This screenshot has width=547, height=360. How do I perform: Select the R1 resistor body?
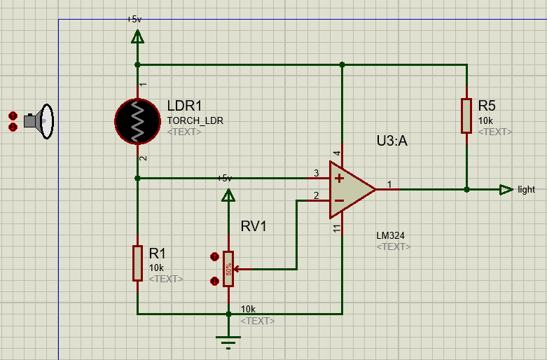click(137, 263)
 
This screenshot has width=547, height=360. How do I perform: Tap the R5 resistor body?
click(466, 116)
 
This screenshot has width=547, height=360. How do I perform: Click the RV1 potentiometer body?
click(228, 268)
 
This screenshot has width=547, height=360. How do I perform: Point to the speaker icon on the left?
click(39, 121)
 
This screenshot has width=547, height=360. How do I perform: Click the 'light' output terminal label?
click(526, 189)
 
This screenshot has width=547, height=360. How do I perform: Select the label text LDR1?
click(185, 106)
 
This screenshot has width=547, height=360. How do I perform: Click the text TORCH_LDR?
click(195, 120)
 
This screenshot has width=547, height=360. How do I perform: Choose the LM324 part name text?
click(390, 235)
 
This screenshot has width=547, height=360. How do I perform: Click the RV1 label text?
click(254, 226)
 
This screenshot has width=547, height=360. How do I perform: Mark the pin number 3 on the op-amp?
click(316, 173)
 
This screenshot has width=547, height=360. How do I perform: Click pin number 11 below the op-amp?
click(337, 228)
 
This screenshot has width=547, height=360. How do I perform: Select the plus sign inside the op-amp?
click(340, 178)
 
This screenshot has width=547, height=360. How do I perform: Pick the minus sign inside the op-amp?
click(340, 200)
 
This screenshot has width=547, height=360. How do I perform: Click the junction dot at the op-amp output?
click(466, 189)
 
